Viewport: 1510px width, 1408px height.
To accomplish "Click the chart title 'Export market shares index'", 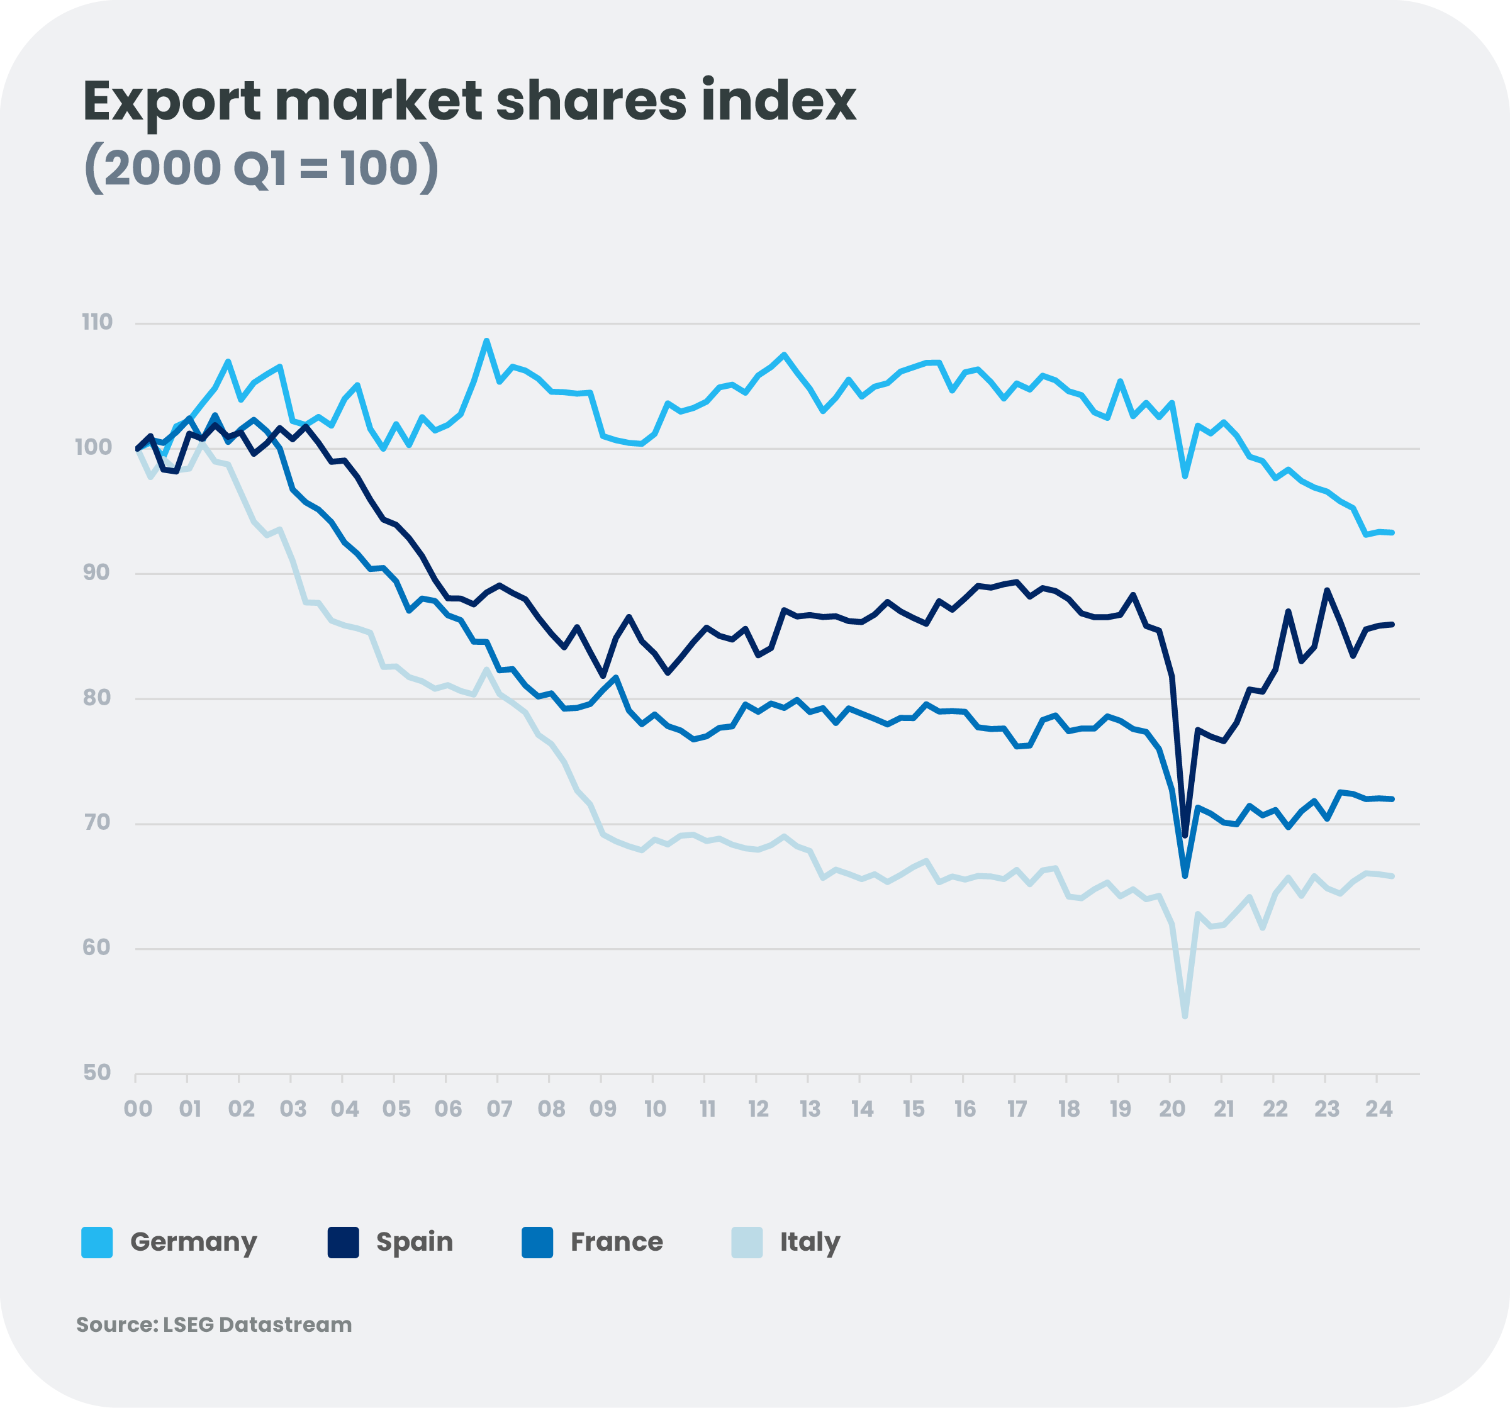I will click(x=469, y=101).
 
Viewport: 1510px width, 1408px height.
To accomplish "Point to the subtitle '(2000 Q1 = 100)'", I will click(x=260, y=168).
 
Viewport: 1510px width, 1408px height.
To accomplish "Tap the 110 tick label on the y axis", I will click(x=98, y=322).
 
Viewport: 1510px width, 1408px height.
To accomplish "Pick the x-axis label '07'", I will click(x=499, y=1110).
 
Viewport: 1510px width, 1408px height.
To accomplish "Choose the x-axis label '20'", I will click(x=1172, y=1110).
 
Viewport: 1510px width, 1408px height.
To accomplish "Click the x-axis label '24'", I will click(x=1379, y=1110).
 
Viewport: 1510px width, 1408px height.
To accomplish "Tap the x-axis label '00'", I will click(x=138, y=1110).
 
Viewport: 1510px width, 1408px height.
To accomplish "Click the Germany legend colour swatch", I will click(x=98, y=1243).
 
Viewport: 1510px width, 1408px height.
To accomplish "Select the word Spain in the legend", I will click(x=415, y=1243).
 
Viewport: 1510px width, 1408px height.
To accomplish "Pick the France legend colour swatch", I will click(x=537, y=1243).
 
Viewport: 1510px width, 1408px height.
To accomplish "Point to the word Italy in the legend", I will click(x=810, y=1243).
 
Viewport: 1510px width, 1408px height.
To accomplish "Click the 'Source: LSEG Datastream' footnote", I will click(x=214, y=1324).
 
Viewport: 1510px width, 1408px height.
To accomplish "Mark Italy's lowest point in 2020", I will click(x=1185, y=1016).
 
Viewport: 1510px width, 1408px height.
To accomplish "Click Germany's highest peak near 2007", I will click(x=487, y=340).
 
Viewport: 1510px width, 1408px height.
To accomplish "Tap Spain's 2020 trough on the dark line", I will click(x=1185, y=835).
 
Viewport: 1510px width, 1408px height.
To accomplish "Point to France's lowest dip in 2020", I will click(x=1185, y=876).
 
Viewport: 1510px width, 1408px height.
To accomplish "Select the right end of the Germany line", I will click(x=1392, y=533).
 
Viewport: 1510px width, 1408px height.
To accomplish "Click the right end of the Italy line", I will click(x=1392, y=876).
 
